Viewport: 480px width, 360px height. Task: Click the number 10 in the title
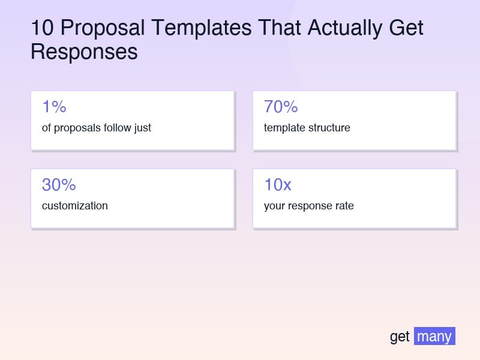point(42,28)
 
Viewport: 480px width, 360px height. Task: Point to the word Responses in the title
point(84,52)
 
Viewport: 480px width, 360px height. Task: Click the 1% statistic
point(54,107)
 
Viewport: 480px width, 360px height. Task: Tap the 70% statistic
point(281,107)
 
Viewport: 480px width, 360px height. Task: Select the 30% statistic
point(59,185)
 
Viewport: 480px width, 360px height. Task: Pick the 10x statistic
point(278,185)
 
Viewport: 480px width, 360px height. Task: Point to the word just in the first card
point(142,128)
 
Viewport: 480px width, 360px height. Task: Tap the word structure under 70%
point(329,128)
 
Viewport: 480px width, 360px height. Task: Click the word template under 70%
point(284,128)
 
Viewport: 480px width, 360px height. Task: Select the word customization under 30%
point(75,206)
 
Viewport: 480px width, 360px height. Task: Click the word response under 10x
point(309,206)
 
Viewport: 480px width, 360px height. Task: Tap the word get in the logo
point(400,337)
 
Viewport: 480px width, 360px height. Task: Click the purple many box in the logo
point(434,336)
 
